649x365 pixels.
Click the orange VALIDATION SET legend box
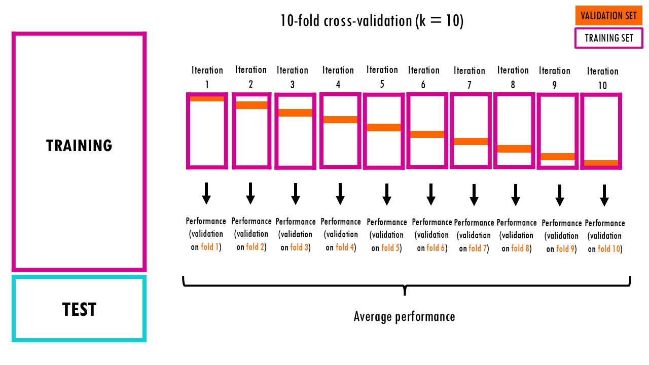pos(608,16)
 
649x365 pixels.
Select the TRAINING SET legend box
pos(608,38)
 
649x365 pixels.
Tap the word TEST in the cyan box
pos(79,309)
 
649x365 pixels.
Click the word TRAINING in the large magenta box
pos(79,146)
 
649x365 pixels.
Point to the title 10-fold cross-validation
pos(372,21)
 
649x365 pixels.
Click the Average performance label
pos(404,317)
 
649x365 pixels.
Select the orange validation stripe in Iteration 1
pos(207,99)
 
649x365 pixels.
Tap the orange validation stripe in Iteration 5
pos(383,127)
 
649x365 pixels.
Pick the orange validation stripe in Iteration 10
pos(601,163)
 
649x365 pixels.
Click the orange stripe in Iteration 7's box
pos(471,141)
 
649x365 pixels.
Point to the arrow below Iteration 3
pos(296,193)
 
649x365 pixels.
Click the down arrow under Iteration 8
pos(515,194)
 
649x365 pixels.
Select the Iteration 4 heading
pos(338,77)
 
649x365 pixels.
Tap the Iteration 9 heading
pos(555,78)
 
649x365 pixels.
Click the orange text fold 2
pos(255,247)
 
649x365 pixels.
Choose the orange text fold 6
pos(436,248)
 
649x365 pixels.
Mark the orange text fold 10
pos(608,249)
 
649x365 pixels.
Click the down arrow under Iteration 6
pos(431,194)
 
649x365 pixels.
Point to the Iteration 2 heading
pos(251,77)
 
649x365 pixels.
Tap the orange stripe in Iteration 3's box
pos(296,113)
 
